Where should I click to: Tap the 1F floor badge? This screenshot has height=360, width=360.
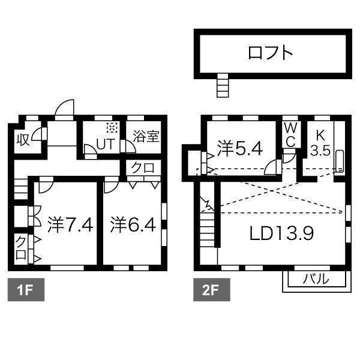tap(23, 291)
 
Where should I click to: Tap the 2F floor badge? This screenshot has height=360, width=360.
tap(209, 291)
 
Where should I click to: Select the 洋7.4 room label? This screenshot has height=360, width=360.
tap(69, 226)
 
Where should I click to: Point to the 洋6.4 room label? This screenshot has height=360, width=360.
tap(133, 226)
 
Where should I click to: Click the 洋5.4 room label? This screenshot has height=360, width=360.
tap(239, 148)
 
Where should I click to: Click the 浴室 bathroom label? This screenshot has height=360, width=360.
tap(146, 136)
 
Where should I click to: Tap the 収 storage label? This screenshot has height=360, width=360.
tap(22, 140)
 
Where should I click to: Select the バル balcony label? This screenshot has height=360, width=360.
tap(315, 279)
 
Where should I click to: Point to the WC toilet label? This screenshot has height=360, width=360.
tap(290, 134)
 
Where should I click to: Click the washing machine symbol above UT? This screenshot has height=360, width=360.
tap(111, 127)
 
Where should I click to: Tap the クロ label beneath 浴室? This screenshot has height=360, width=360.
tap(142, 169)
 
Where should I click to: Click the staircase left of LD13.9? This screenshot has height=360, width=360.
tap(207, 231)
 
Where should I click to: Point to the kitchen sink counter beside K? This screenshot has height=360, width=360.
tap(339, 161)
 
